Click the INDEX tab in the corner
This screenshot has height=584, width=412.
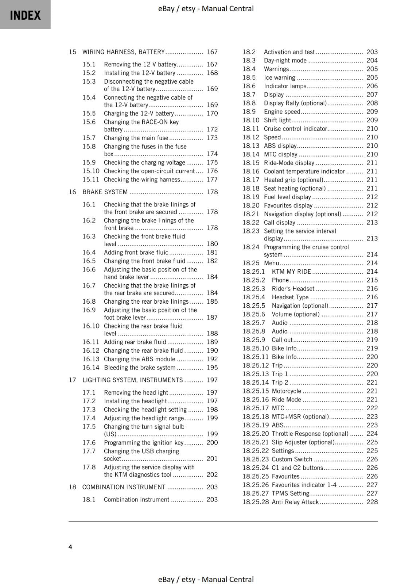[25, 15]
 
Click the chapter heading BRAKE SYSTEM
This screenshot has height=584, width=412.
[105, 192]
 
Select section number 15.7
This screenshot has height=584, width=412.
[89, 138]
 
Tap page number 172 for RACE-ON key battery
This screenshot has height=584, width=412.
[212, 129]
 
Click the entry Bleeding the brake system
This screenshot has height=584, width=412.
[140, 368]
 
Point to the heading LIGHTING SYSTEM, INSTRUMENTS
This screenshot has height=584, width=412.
[132, 380]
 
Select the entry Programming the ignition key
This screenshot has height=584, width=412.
[144, 442]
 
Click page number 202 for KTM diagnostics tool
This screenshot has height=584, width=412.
[212, 474]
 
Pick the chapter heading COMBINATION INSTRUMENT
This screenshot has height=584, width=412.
[124, 487]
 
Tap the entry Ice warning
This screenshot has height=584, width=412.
[280, 77]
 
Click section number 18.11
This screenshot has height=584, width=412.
[251, 128]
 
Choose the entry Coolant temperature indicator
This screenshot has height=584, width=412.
[304, 171]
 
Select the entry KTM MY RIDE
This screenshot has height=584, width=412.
[291, 272]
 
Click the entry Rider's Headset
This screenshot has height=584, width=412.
[293, 288]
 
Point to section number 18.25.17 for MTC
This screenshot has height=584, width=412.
[256, 408]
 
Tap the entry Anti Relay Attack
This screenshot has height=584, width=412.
[295, 502]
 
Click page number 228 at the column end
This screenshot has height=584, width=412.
[372, 502]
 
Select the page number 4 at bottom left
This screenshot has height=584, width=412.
[70, 547]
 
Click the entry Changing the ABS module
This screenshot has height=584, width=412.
[139, 359]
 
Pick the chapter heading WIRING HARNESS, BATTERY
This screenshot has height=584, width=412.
[124, 52]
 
